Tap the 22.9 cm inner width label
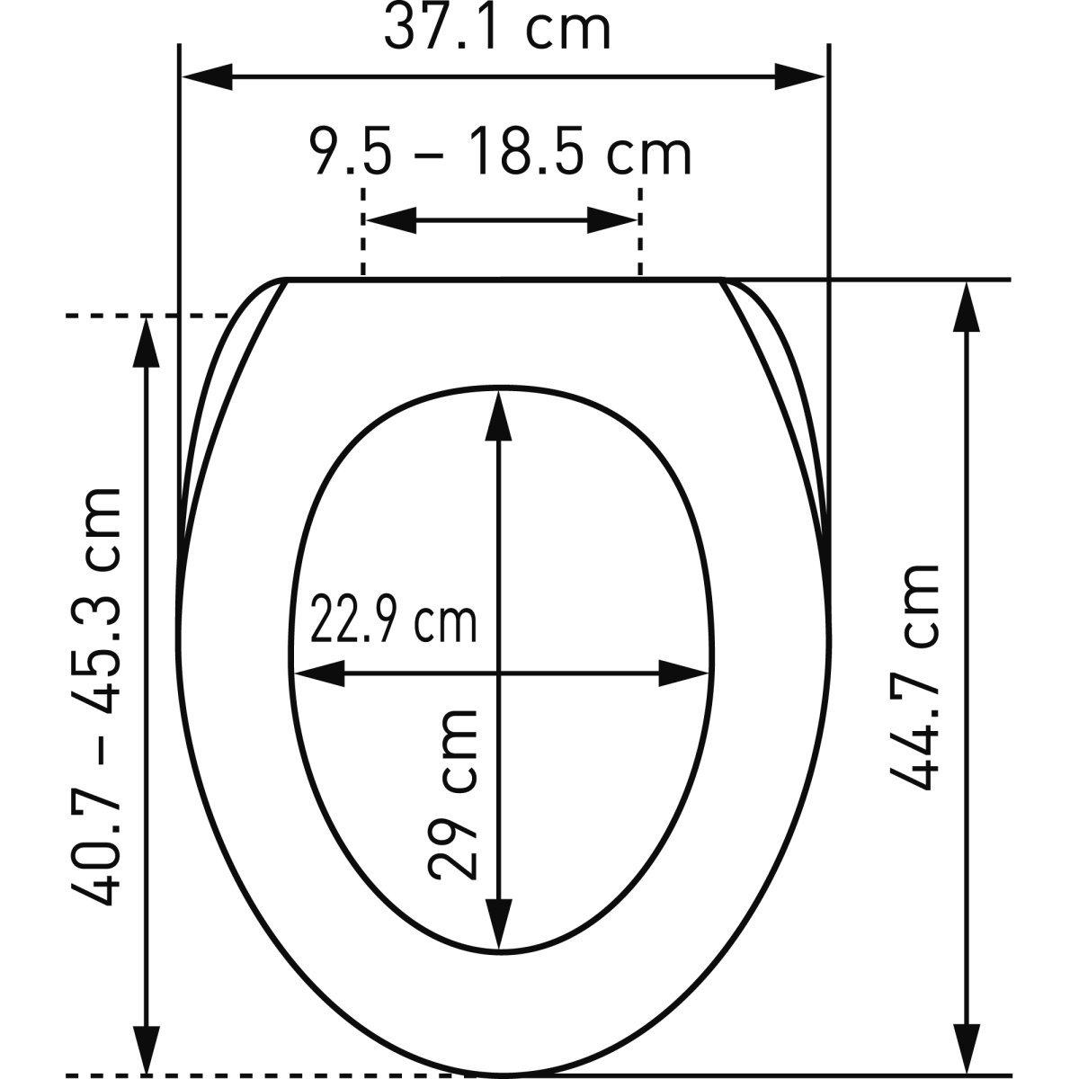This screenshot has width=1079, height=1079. coord(393,620)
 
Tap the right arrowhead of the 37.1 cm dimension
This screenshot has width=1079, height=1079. coord(799,76)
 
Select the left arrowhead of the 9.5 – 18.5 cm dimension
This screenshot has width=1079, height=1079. coord(392,220)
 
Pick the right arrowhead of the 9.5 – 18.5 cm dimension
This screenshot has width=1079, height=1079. coord(612,220)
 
